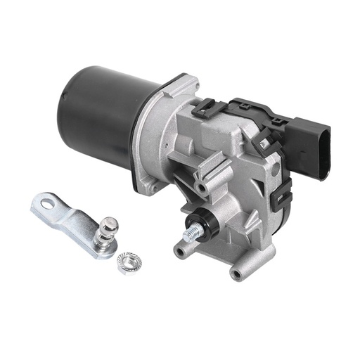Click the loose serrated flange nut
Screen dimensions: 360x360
[128, 262]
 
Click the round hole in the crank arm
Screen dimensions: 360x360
[47, 204]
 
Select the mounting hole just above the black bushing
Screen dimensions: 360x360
[202, 188]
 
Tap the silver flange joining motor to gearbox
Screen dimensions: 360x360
[158, 134]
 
